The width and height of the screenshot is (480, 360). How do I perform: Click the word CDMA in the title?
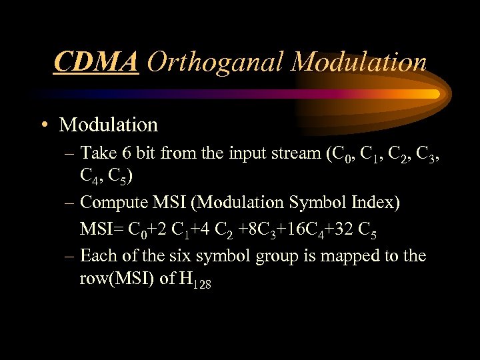click(96, 62)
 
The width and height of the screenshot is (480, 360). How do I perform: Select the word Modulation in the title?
click(359, 62)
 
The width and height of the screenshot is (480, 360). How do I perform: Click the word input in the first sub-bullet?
click(249, 153)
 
